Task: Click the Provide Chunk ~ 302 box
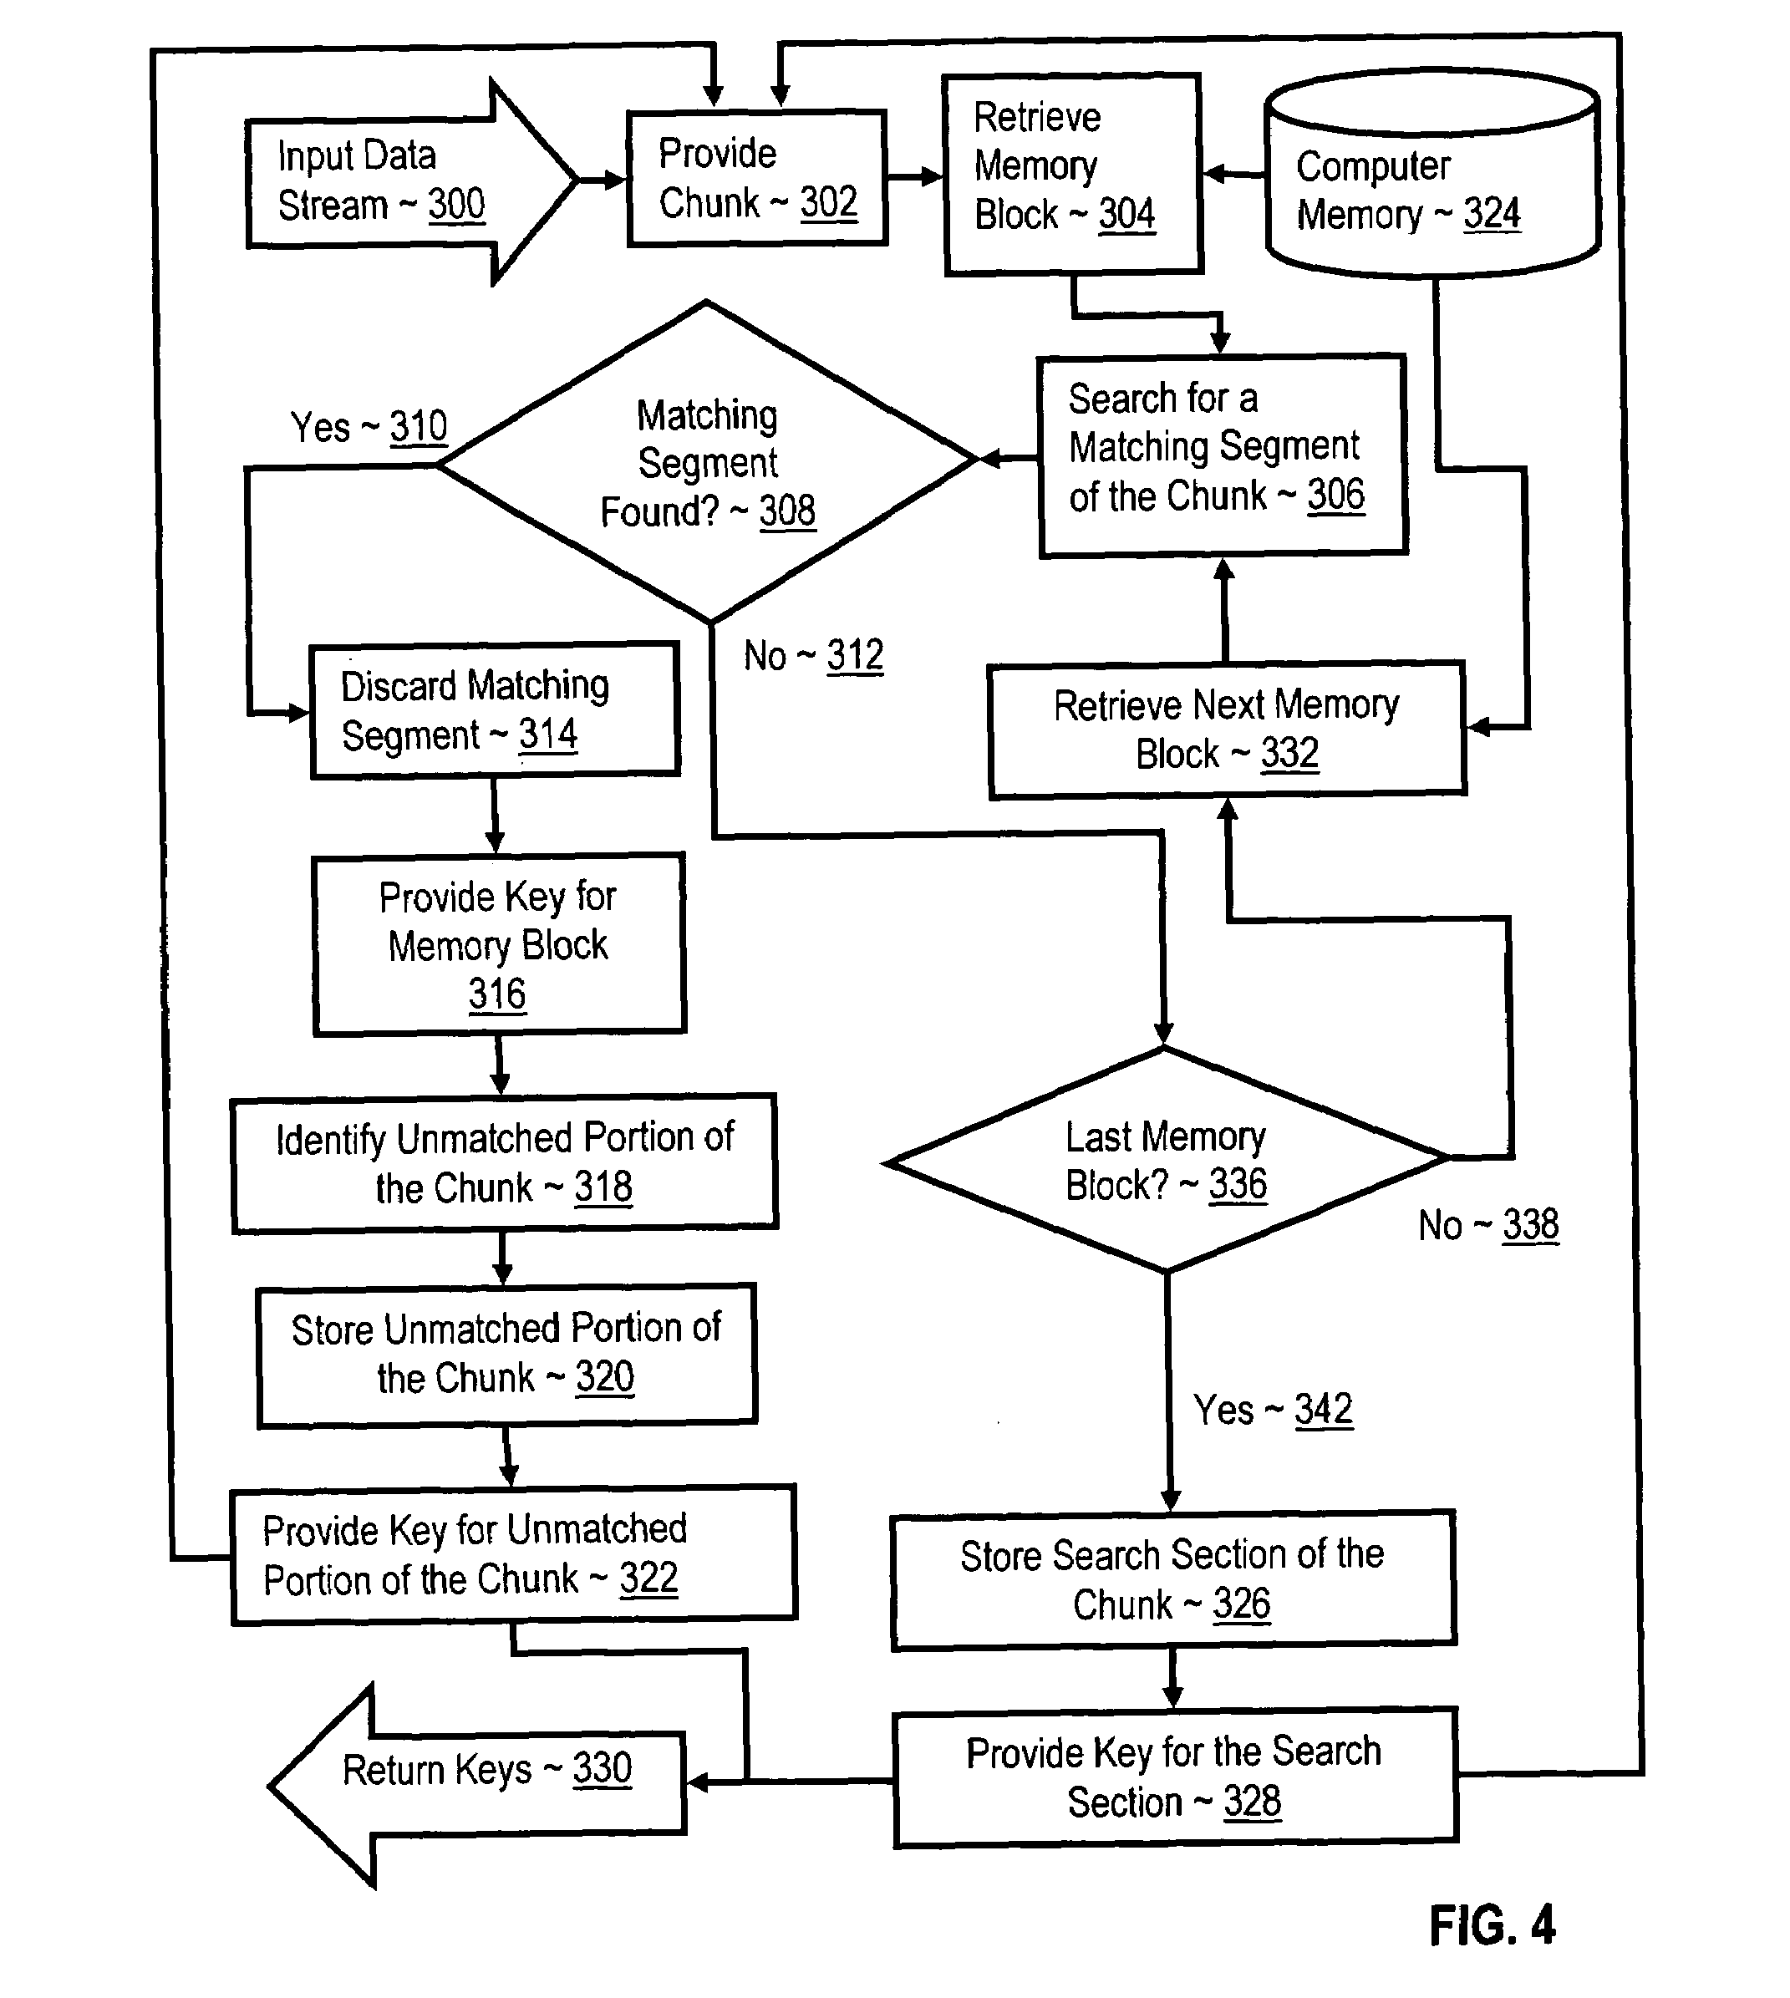tap(757, 178)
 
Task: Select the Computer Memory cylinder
tap(1433, 173)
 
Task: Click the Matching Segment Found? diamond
tap(707, 462)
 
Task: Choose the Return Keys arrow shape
tap(477, 1785)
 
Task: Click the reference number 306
tap(1335, 495)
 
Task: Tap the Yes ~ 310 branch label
tap(369, 428)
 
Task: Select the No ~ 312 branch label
tap(813, 656)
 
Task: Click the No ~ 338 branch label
tap(1488, 1225)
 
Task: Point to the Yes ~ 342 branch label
tap(1273, 1410)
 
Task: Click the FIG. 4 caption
tap(1492, 1925)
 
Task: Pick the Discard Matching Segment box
tap(495, 711)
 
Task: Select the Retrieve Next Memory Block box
tap(1228, 729)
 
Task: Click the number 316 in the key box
tap(496, 994)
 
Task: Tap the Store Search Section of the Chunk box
tap(1173, 1580)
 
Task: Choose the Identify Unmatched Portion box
tap(505, 1162)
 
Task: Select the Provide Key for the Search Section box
tap(1175, 1777)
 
